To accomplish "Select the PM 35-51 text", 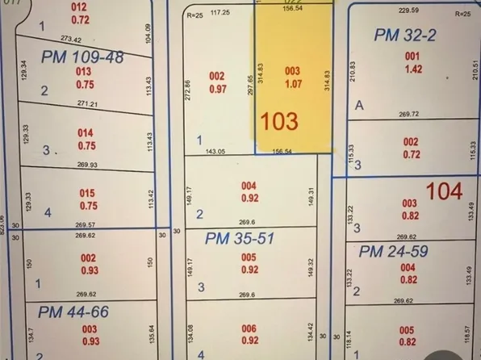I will [x=240, y=238].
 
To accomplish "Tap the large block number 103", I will [x=279, y=122].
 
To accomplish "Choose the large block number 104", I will [x=445, y=191].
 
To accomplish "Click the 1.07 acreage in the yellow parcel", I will [x=293, y=82].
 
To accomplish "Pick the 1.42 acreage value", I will [x=412, y=68].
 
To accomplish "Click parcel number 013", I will [x=84, y=71].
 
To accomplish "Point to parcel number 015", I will [x=86, y=193].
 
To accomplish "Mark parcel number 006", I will [x=249, y=329].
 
